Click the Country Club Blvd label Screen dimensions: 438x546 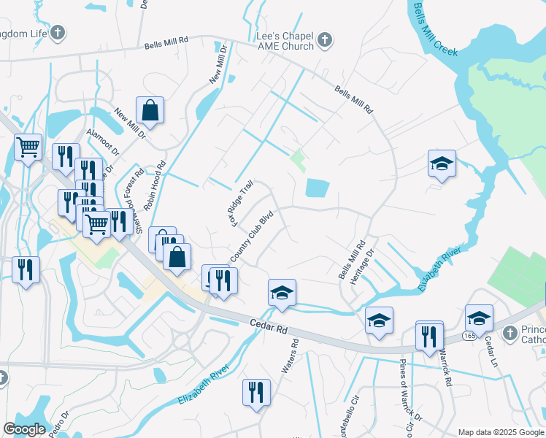(251, 238)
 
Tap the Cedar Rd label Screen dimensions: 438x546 (269, 325)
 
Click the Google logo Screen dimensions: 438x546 (24, 429)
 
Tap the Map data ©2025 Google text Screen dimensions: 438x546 (500, 432)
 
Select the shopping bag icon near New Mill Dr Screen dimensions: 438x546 (150, 111)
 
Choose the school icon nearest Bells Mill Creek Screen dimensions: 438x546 (442, 164)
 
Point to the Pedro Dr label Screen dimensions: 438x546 (58, 424)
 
